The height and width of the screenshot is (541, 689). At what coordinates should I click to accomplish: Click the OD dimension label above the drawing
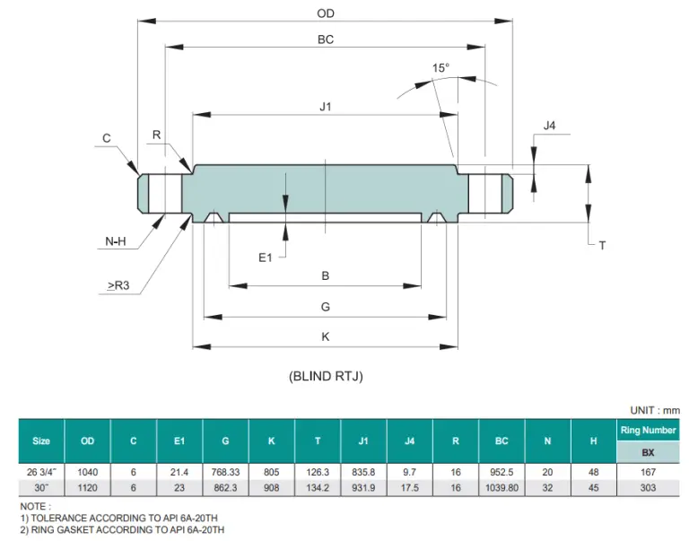pos(326,13)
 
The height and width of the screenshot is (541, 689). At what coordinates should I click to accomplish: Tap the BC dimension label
pos(326,40)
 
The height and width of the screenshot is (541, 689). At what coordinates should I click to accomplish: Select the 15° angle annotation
pos(440,68)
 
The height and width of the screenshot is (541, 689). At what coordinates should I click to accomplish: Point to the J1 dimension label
pos(326,107)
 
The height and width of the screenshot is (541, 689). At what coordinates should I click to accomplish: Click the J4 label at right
pos(550,126)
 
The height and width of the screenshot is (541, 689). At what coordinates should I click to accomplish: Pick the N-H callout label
pos(113,241)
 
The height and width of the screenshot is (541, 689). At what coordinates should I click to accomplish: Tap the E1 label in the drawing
pos(265,257)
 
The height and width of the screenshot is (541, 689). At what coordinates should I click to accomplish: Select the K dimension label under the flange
pos(326,337)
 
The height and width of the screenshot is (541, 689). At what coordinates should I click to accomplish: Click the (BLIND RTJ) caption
pos(326,376)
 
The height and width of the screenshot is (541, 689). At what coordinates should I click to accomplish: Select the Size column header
pos(41,441)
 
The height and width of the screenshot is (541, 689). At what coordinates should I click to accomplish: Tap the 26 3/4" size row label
pos(41,472)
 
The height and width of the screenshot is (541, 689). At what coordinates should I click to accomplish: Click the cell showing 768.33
pos(226,472)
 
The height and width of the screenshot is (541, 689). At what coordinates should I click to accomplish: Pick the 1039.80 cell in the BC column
pos(501,487)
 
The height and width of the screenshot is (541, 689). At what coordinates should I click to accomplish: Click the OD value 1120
pos(87,487)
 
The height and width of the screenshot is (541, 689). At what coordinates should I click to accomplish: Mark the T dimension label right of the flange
pos(602,245)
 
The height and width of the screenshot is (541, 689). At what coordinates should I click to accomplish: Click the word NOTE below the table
pos(35,507)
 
